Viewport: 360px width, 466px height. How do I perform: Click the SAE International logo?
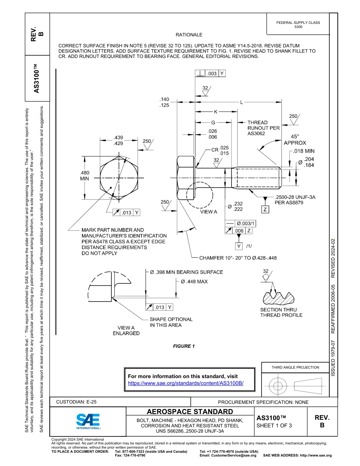[88, 421]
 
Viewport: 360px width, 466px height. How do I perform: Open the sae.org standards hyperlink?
[186, 383]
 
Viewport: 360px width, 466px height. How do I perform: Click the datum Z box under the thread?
[265, 209]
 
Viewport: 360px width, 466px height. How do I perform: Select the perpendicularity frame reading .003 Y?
[210, 73]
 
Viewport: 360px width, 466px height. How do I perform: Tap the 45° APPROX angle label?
[295, 140]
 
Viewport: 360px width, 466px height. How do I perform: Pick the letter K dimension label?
[216, 112]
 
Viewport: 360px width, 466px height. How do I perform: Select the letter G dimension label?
[213, 122]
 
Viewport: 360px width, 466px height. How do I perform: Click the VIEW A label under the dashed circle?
[208, 212]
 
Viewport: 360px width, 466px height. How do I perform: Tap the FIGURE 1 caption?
[184, 346]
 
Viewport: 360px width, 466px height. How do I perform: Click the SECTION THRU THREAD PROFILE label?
[281, 312]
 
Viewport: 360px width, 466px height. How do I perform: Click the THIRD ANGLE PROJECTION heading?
[295, 367]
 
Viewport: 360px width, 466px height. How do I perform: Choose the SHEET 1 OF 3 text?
[274, 425]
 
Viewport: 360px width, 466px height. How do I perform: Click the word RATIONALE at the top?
[189, 35]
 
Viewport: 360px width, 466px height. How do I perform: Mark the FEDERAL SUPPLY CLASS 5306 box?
[298, 25]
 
